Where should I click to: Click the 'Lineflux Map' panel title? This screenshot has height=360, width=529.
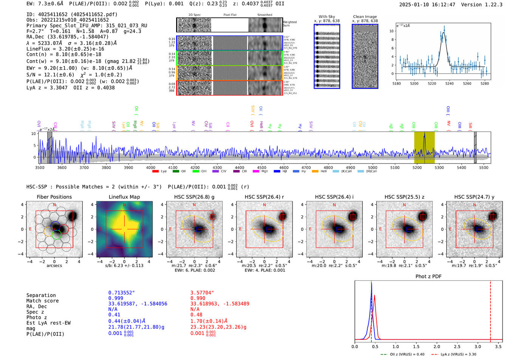(x=124, y=197)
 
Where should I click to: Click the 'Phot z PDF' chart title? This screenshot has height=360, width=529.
(x=428, y=277)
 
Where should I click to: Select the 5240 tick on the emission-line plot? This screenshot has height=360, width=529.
(x=449, y=83)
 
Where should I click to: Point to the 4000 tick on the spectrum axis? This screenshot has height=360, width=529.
(x=151, y=168)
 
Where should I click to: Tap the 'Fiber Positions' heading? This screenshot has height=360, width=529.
(x=54, y=197)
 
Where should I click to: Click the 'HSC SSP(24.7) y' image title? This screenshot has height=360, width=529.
(x=474, y=197)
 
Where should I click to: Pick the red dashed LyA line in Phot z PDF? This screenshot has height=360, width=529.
(x=490, y=310)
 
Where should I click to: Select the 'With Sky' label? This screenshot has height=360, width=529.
(x=326, y=17)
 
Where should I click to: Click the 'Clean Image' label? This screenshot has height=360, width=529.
(x=365, y=17)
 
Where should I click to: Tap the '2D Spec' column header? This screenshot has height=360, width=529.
(x=194, y=15)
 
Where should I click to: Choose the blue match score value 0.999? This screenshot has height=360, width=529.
(x=116, y=298)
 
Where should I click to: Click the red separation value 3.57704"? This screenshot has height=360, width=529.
(x=202, y=293)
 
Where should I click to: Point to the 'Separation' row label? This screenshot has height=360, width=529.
(x=41, y=295)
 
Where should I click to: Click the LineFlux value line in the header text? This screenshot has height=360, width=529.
(x=65, y=49)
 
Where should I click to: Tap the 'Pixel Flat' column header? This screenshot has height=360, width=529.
(x=230, y=15)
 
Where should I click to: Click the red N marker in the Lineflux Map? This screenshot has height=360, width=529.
(x=124, y=205)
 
